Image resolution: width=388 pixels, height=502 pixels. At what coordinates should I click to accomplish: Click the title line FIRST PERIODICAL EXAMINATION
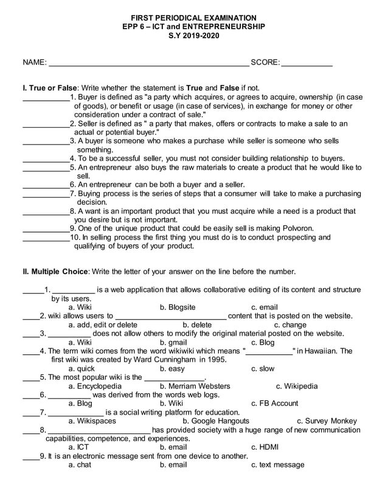click(194, 18)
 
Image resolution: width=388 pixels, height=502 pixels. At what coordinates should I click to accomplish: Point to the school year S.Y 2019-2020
click(194, 36)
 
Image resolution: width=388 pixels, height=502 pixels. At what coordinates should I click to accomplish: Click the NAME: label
click(35, 63)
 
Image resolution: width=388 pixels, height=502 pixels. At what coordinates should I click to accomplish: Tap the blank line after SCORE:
click(307, 63)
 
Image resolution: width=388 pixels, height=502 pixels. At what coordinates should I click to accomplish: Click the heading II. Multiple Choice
click(55, 271)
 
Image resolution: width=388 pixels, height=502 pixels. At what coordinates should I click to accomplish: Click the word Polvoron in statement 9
click(296, 229)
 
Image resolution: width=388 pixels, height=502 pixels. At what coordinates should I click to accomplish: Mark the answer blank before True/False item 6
click(45, 185)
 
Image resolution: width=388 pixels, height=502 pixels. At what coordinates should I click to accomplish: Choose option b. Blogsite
click(178, 308)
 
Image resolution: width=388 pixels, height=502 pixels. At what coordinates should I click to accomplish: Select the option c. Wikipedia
click(296, 386)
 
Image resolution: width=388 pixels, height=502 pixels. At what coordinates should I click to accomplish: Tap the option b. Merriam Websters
click(195, 386)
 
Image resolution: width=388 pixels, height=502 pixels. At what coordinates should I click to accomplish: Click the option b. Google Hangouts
click(216, 421)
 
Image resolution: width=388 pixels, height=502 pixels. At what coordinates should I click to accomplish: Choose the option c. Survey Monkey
click(327, 421)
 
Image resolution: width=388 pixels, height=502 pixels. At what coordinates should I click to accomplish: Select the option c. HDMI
click(265, 447)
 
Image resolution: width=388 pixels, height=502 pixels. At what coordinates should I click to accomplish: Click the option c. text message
click(277, 465)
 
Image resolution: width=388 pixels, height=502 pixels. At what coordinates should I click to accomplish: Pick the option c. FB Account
click(274, 403)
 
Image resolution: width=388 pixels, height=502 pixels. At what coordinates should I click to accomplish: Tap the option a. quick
click(81, 368)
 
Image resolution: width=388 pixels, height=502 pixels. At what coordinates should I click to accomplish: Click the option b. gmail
click(173, 342)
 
